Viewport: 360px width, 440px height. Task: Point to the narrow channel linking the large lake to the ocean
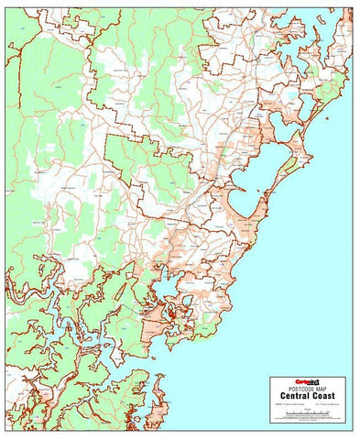pyautogui.click(x=263, y=193)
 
